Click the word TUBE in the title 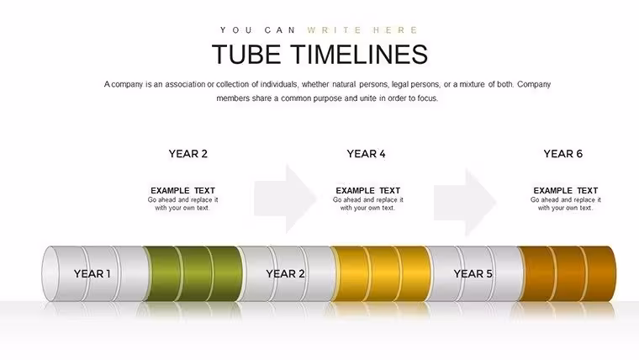coord(246,54)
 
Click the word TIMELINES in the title coord(360,54)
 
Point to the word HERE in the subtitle coord(395,30)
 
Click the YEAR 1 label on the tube coord(92,273)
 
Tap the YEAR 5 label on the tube coord(473,273)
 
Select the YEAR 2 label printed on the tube coord(285,273)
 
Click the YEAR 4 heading coord(366,154)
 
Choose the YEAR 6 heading coord(562,154)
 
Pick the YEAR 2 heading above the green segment coord(187,154)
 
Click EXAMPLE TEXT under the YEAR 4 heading coord(368,190)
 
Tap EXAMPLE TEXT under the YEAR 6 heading coord(566,190)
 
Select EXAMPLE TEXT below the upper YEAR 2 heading coord(183,190)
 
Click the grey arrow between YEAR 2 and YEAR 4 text coord(285,199)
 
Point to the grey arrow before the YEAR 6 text coord(465,202)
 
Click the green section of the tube coord(193,273)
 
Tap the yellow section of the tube coord(381,273)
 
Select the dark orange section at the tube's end coord(568,273)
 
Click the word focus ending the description coord(427,98)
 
